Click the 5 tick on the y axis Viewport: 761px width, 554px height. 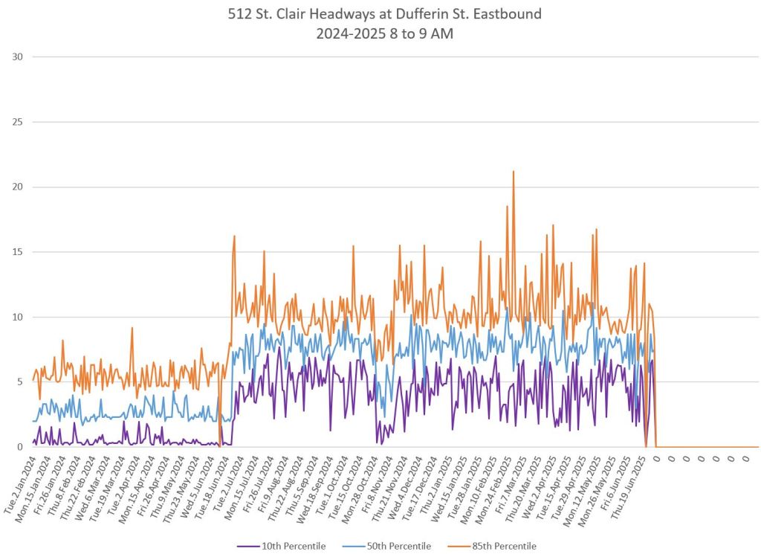(x=19, y=382)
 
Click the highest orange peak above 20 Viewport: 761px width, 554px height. (x=513, y=172)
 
